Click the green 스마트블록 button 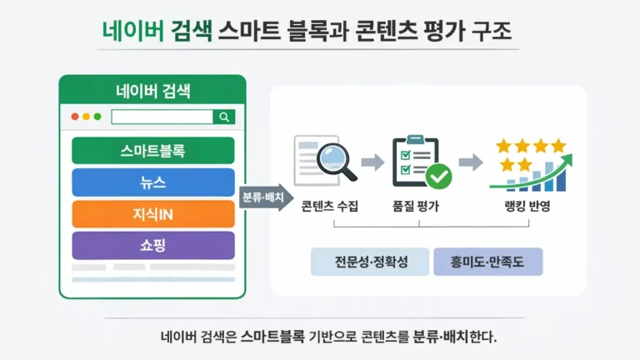152,151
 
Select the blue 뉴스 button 152,182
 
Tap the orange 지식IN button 152,214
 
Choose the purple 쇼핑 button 152,246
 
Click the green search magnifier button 224,117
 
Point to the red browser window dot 75,117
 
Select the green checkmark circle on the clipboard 438,176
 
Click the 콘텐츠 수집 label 329,207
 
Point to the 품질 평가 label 416,207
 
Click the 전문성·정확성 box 370,262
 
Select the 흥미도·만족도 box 487,262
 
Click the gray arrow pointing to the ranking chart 472,161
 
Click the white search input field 162,117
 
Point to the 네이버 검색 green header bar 152,90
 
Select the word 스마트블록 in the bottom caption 274,338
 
